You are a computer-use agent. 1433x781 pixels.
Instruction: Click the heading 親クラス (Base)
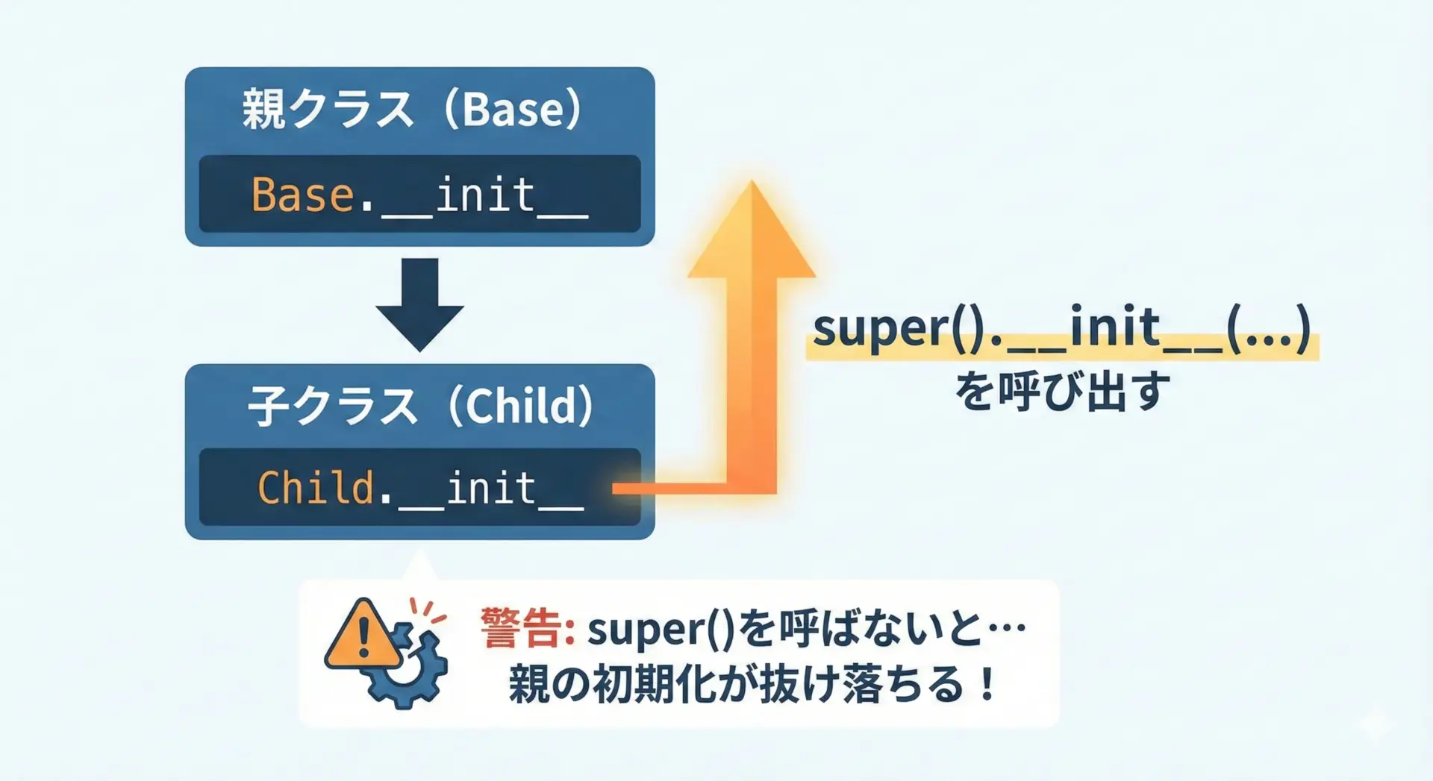[x=412, y=110]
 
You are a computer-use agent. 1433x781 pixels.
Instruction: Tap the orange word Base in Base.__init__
[x=302, y=195]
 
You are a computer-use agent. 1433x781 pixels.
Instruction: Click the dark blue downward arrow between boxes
[x=419, y=304]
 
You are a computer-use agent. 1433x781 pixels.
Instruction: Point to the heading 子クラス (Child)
[x=420, y=407]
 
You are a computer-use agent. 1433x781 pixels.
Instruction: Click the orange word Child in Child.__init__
[x=315, y=488]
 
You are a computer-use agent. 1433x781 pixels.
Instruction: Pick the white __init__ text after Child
[x=490, y=489]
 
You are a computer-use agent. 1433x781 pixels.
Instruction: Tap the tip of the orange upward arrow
[x=752, y=181]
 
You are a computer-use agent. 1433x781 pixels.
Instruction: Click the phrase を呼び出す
[x=1063, y=391]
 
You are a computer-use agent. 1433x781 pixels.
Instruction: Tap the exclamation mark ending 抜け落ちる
[x=988, y=684]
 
